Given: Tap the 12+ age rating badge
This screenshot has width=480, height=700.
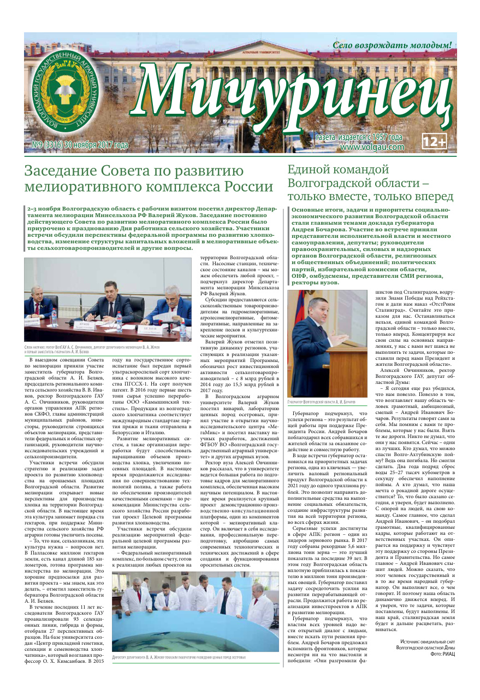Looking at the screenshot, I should coord(435,141).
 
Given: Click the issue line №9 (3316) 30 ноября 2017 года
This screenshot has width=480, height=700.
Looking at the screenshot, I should coord(80,145).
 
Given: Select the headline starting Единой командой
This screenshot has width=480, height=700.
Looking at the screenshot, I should coord(339,170).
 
